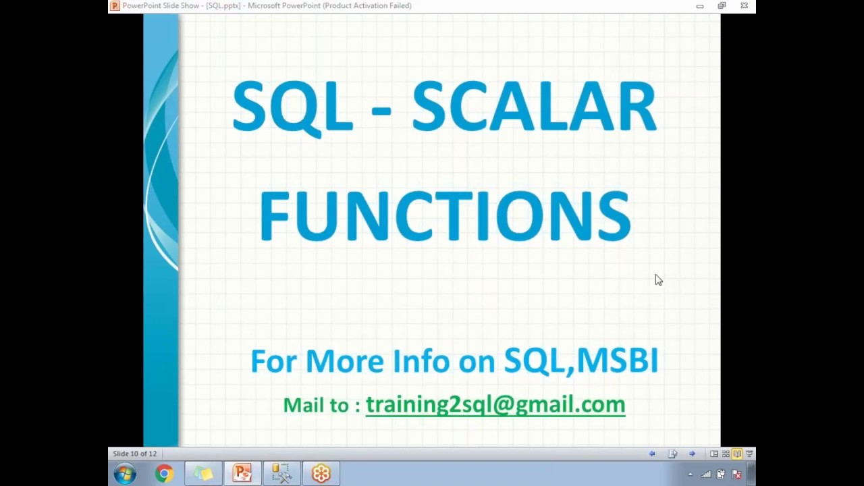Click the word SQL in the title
[292, 107]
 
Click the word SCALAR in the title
[533, 107]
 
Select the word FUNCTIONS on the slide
[445, 216]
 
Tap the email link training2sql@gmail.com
[495, 404]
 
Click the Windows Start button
[125, 474]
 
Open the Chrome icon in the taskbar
[163, 474]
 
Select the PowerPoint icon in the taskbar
[242, 474]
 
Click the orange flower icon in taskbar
[321, 474]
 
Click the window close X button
[744, 5]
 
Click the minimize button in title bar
[700, 6]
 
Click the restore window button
[722, 5]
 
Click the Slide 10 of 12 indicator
[135, 454]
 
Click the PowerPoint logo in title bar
[115, 5]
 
